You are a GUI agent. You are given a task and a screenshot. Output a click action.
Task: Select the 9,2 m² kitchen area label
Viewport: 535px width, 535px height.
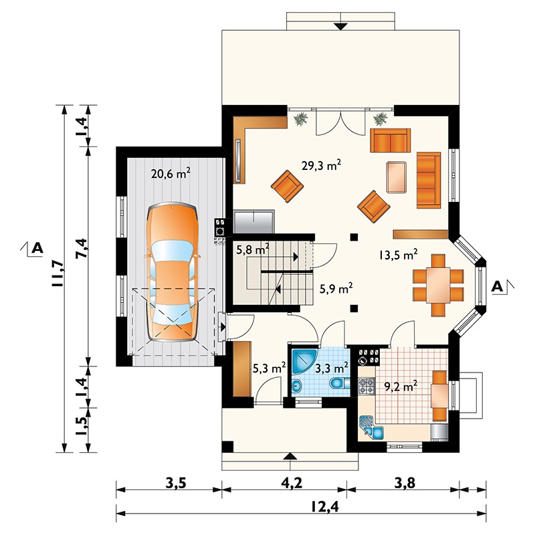point(401,386)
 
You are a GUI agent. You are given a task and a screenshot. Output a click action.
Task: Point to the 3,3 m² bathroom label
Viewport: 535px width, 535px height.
point(332,367)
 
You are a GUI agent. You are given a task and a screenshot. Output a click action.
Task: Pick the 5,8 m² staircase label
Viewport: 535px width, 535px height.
point(252,250)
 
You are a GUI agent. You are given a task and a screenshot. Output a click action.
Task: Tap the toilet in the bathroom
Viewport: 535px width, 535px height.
point(340,383)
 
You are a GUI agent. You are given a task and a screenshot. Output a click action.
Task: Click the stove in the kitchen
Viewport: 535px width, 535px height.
point(367,385)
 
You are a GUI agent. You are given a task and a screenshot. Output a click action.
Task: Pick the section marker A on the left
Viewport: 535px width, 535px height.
point(36,248)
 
